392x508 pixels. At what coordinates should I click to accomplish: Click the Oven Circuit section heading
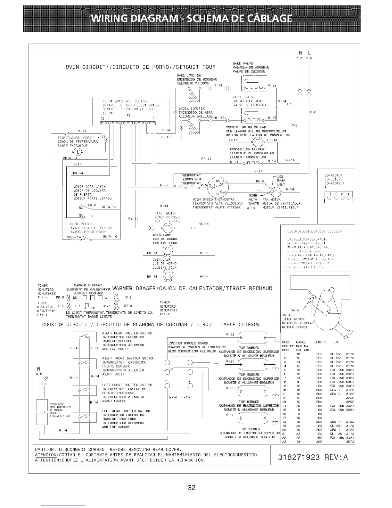pos(141,67)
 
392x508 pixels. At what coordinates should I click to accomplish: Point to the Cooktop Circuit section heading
pos(151,325)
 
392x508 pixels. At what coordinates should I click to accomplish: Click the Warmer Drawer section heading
pos(192,288)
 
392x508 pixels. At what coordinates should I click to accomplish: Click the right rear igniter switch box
pos(85,337)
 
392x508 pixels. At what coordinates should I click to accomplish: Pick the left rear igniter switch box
pos(85,417)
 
